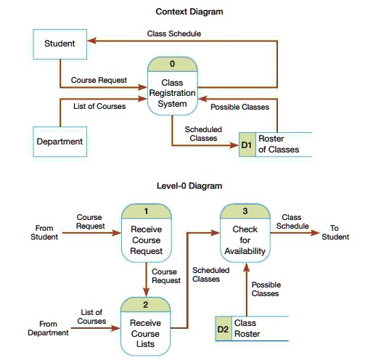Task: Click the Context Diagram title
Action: click(189, 12)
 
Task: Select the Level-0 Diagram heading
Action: click(189, 186)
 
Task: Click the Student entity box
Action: click(60, 44)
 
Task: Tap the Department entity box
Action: click(60, 141)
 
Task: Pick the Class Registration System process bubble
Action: click(172, 93)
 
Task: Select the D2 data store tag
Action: click(223, 329)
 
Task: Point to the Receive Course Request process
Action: click(146, 239)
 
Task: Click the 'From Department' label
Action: click(48, 328)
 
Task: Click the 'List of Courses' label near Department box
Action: click(100, 106)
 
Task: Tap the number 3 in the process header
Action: click(245, 210)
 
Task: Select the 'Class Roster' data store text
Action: click(247, 328)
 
